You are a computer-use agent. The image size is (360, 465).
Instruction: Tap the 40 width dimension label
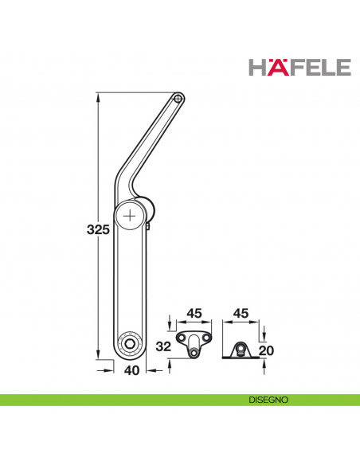pyautogui.click(x=132, y=369)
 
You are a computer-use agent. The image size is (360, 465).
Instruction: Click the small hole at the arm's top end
pyautogui.click(x=179, y=99)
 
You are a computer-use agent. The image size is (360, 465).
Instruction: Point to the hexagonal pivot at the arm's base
pyautogui.click(x=128, y=343)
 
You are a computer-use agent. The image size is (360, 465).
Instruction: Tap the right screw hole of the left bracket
pyautogui.click(x=209, y=338)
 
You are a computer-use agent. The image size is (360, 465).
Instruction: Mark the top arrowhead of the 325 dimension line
pyautogui.click(x=98, y=96)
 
